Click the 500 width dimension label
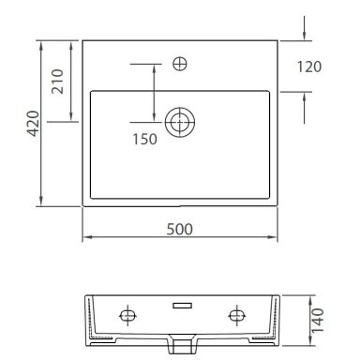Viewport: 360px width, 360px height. (179, 229)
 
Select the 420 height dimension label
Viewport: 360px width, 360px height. (34, 124)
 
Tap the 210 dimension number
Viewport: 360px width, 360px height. (57, 82)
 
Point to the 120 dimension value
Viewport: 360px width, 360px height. (309, 67)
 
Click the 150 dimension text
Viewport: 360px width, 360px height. (144, 140)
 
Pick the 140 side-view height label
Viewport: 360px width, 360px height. (318, 321)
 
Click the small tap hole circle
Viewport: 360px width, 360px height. (180, 64)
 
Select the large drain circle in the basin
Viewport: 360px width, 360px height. (180, 122)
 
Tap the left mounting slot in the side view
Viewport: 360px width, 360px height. (127, 315)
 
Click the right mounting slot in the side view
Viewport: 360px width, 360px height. (237, 315)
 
